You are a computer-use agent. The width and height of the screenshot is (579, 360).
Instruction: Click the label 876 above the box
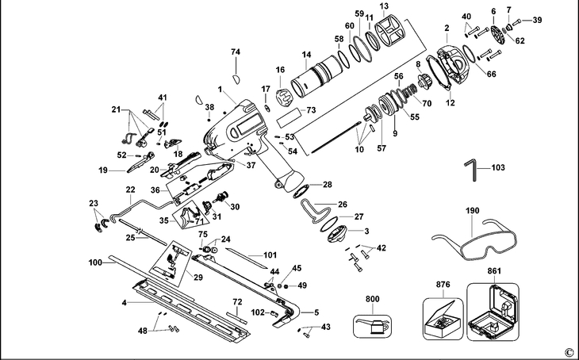pyautogui.click(x=443, y=283)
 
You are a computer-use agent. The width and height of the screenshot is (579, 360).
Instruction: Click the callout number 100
pyautogui.click(x=96, y=261)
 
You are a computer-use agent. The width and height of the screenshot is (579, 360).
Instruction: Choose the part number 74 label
pyautogui.click(x=235, y=52)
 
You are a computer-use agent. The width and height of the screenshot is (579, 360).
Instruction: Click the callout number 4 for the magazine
pyautogui.click(x=124, y=303)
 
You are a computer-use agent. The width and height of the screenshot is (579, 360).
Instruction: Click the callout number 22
pyautogui.click(x=130, y=190)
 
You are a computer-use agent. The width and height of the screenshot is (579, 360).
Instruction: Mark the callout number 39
pyautogui.click(x=537, y=21)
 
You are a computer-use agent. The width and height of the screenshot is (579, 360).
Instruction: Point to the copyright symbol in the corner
pyautogui.click(x=568, y=351)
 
